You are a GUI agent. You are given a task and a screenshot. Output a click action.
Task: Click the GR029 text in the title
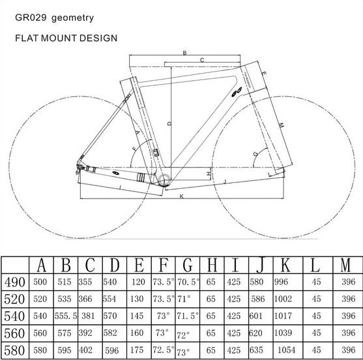tap(31, 18)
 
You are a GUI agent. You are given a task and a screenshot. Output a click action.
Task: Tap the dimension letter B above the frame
tap(184, 53)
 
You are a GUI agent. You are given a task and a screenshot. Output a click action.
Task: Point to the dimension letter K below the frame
tap(182, 197)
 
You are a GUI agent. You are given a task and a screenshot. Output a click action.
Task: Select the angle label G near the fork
tap(255, 154)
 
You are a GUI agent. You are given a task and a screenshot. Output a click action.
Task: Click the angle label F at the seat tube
tap(135, 148)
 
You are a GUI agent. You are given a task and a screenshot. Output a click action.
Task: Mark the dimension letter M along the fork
tap(281, 126)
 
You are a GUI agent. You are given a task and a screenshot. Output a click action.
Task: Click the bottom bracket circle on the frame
tap(164, 180)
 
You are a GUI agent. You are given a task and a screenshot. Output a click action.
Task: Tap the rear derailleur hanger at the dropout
tap(79, 169)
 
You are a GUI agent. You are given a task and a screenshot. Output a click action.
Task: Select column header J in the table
tap(260, 265)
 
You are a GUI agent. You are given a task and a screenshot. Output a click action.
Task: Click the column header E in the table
tap(139, 265)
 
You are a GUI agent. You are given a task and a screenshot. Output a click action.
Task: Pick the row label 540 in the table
tap(14, 316)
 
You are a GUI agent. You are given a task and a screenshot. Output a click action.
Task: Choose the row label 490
tap(14, 283)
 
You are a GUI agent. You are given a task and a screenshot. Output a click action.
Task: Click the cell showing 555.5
tap(66, 316)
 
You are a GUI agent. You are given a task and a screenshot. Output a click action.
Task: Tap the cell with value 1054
tap(287, 350)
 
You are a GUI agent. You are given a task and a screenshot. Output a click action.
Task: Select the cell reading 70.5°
tap(188, 282)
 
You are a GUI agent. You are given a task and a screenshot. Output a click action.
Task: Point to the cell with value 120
tap(138, 282)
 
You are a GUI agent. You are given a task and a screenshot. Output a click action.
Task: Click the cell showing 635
tap(256, 350)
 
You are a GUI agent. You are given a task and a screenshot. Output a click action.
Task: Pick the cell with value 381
tap(88, 316)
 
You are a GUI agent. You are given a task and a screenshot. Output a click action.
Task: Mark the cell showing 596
tap(112, 351)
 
